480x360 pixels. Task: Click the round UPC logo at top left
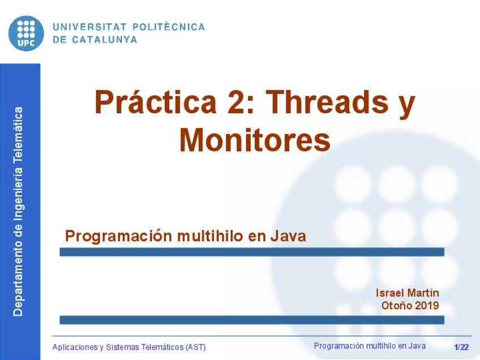point(26,33)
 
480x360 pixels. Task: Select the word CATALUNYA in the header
point(104,40)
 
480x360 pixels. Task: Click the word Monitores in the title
point(255,140)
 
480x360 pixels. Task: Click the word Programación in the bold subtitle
point(118,235)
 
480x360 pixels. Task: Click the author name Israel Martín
point(407,293)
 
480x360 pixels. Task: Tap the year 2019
point(427,306)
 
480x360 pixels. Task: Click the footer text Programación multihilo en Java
point(370,346)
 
